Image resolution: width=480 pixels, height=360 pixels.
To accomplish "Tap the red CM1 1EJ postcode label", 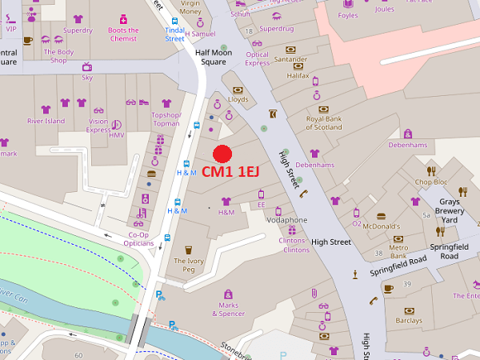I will point(230,171).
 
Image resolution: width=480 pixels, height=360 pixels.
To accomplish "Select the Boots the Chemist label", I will point(122,35).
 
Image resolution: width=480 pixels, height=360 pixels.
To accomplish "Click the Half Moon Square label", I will point(211,56).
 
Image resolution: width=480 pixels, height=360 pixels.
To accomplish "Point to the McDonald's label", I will point(381,226).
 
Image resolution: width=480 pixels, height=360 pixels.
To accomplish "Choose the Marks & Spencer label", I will point(228,309).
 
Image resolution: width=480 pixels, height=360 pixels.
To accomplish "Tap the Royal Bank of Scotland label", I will point(324,122).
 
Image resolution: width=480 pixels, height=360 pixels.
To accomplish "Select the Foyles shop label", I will point(348,14).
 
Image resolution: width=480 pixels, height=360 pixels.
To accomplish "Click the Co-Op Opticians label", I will point(139,239).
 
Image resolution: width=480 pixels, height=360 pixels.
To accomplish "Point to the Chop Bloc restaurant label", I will point(430,182).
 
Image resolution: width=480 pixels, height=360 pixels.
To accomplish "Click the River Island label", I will point(46,121).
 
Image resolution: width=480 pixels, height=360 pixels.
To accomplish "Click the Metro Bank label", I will point(398,253).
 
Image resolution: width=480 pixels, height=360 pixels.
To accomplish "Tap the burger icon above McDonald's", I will point(381,215).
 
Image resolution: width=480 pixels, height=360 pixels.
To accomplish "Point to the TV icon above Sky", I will point(87,67).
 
